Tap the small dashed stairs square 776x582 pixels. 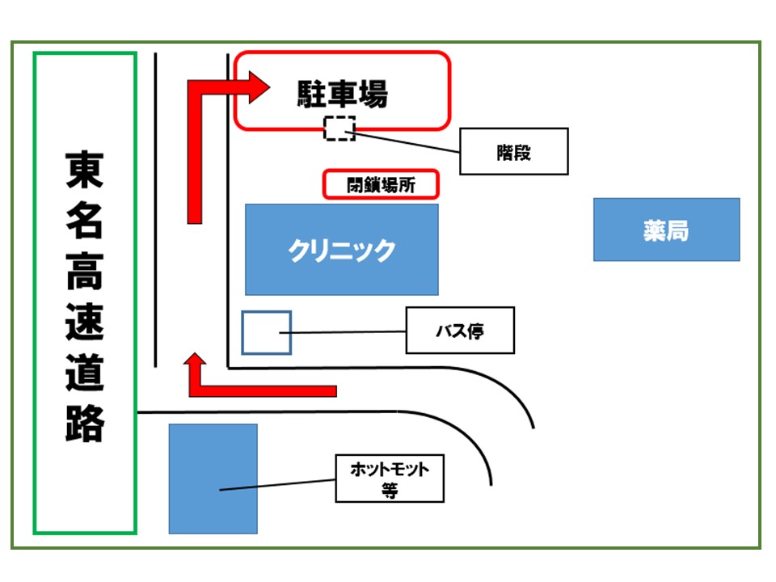pos(339,129)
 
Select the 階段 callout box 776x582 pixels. pos(513,151)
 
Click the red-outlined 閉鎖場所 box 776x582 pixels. pos(381,184)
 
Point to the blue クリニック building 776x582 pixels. pos(341,249)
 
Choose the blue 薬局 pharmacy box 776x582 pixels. pos(666,230)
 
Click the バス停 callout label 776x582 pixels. pos(459,330)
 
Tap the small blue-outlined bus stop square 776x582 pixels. pos(266,332)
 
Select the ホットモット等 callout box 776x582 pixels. pos(390,478)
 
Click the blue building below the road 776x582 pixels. pos(213,479)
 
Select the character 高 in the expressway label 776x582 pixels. pos(84,272)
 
